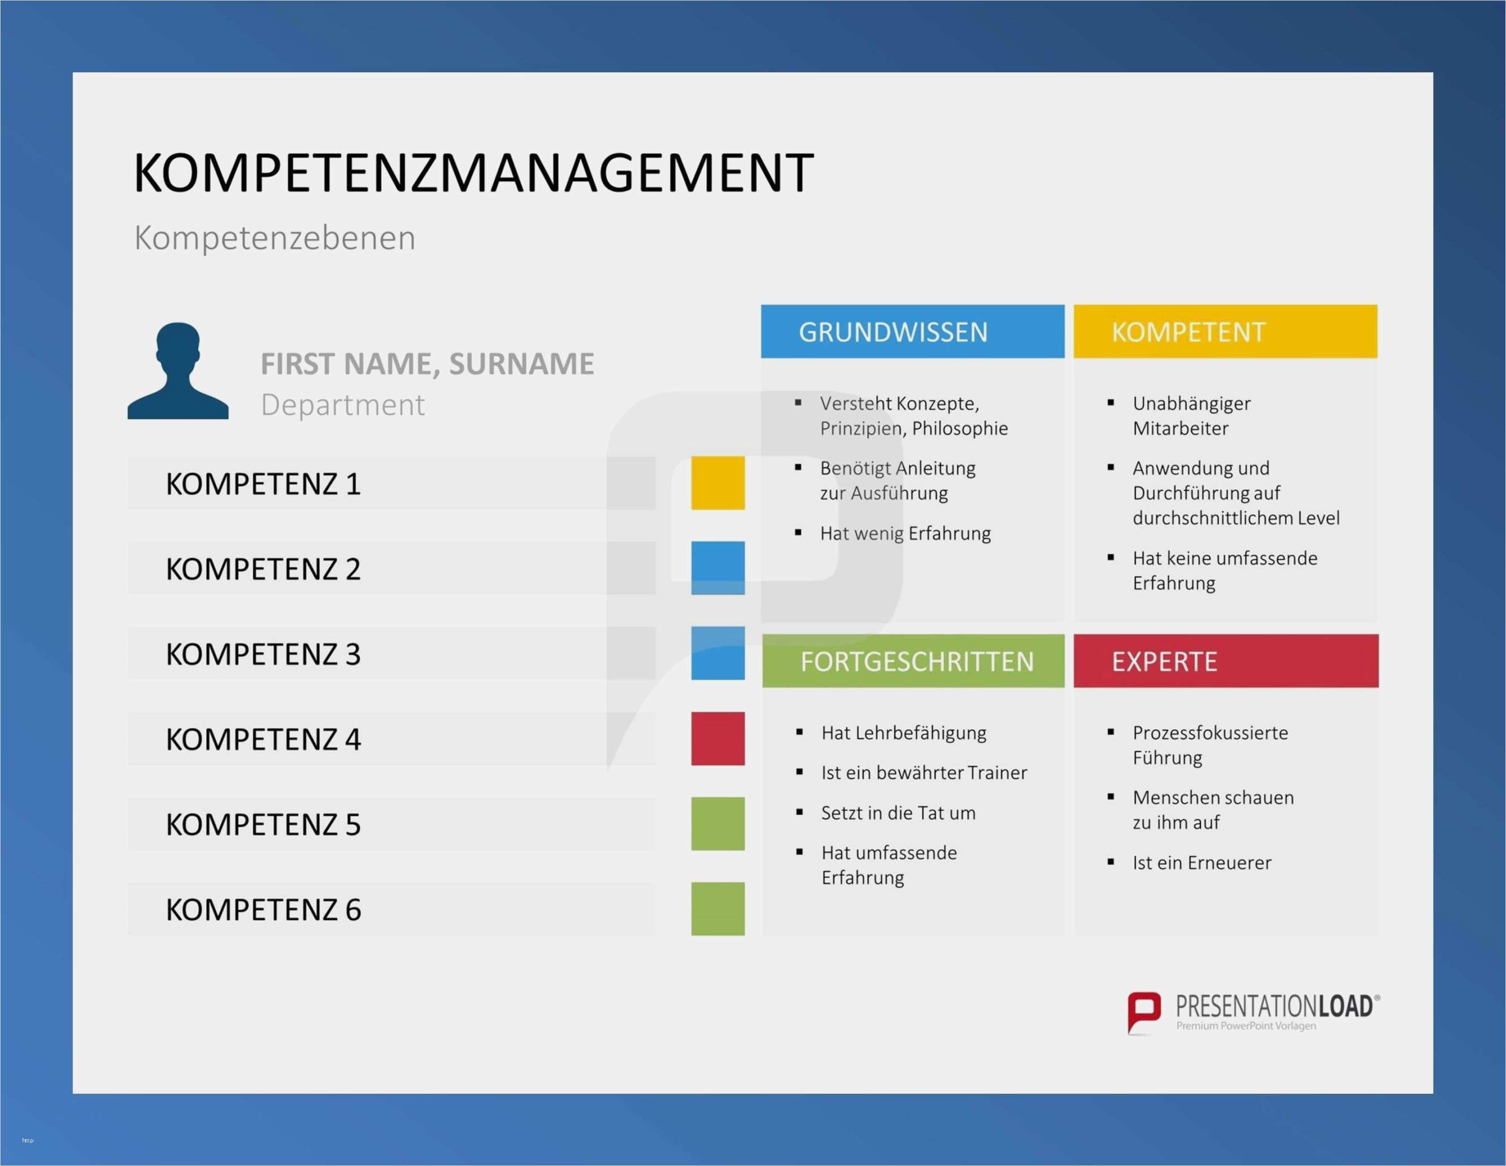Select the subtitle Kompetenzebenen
(x=275, y=238)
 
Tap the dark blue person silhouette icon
(x=178, y=371)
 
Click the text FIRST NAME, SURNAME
(x=427, y=363)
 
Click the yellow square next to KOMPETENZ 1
(x=718, y=482)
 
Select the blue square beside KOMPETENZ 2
(x=718, y=568)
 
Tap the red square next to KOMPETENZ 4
(x=718, y=738)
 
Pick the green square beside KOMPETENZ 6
(x=718, y=909)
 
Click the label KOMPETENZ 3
(x=263, y=654)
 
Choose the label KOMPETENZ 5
(x=263, y=824)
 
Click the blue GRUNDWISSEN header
(x=912, y=332)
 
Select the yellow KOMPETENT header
(x=1225, y=332)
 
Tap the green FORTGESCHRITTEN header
(x=913, y=660)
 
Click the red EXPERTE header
(x=1226, y=660)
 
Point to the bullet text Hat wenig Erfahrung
(x=906, y=533)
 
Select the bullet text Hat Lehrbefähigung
(x=903, y=733)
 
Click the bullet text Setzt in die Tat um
(x=898, y=813)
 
